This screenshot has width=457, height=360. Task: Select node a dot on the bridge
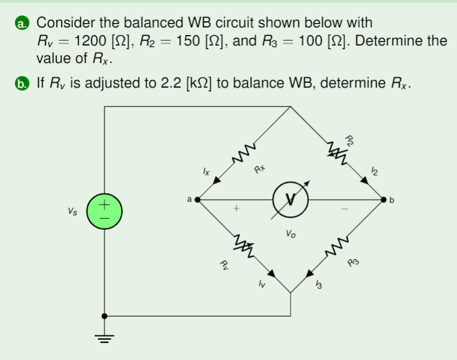coord(197,200)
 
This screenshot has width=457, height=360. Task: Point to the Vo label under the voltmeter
coord(290,234)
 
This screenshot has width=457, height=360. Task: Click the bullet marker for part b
coord(21,84)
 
